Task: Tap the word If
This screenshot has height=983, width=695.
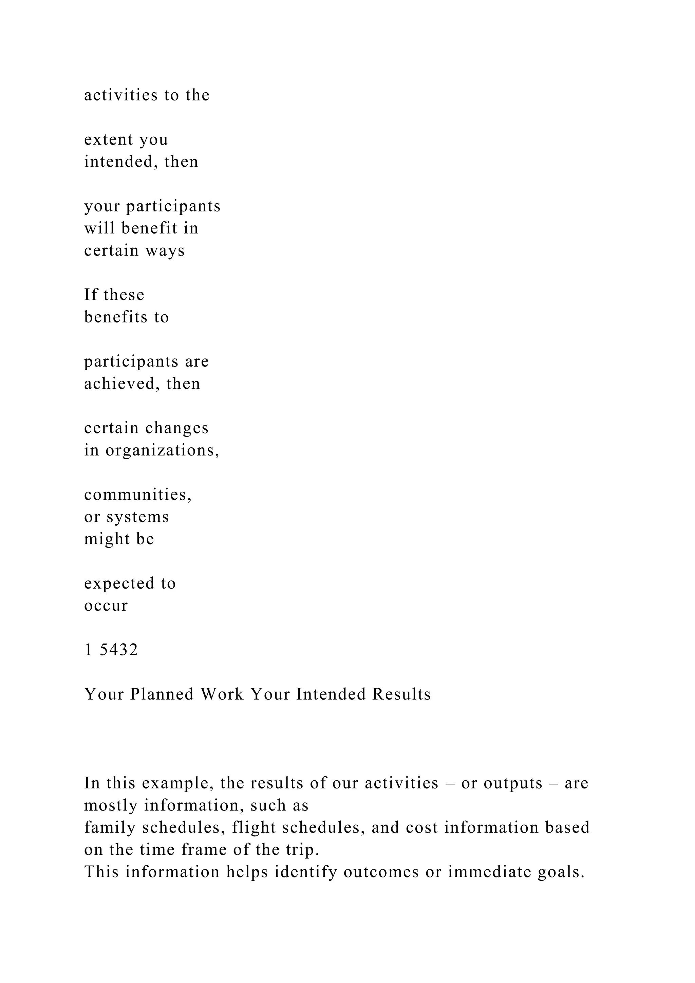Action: (x=91, y=295)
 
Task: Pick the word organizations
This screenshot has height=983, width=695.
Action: (x=162, y=450)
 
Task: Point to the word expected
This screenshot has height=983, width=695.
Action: (x=119, y=583)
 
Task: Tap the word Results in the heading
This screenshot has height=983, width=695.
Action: (x=401, y=694)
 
